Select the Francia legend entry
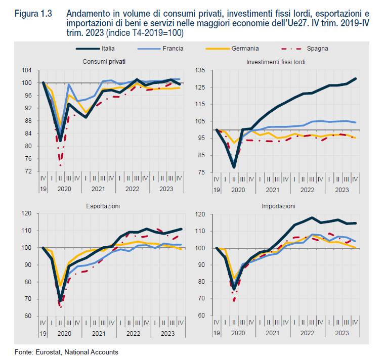tap(173, 49)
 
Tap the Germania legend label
tap(245, 49)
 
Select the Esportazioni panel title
tap(103, 206)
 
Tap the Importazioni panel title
tap(279, 206)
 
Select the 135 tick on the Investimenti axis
tap(201, 70)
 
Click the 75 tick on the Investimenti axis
tap(203, 172)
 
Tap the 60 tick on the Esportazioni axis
tap(29, 316)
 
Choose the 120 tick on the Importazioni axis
tap(201, 214)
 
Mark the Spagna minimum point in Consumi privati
tap(60, 165)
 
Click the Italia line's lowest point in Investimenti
tap(234, 166)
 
